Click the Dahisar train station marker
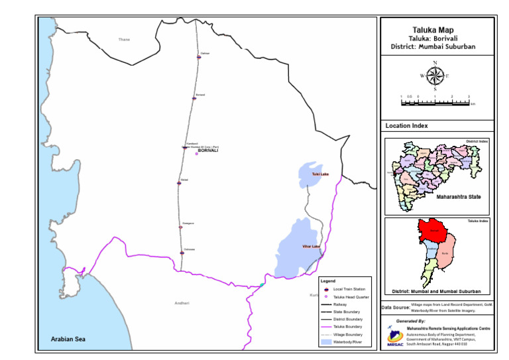(x=199, y=57)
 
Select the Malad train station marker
(x=179, y=183)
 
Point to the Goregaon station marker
(x=181, y=227)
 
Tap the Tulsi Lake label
(x=320, y=174)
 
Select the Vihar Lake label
(x=311, y=247)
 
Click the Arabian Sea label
(x=68, y=339)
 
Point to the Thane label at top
(x=124, y=40)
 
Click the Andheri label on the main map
(x=182, y=303)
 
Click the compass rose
(x=435, y=76)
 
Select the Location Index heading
(x=406, y=125)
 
